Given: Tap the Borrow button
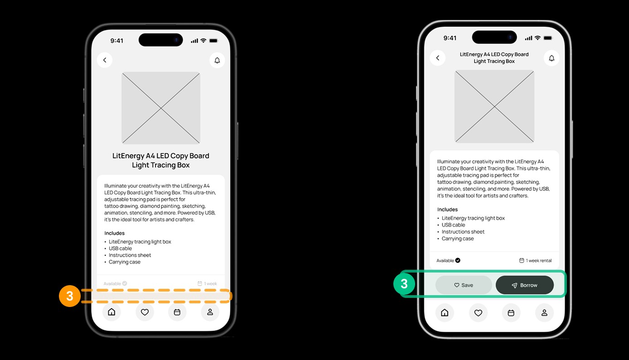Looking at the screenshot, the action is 524,285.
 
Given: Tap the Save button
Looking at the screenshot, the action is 464,285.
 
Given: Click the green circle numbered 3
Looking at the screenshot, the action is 404,284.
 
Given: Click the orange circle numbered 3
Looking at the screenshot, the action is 70,296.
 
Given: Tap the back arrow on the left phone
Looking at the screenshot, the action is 105,60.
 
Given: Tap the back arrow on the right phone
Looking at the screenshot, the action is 438,58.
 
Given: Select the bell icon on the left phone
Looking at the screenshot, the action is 217,60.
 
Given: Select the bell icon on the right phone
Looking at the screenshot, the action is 552,58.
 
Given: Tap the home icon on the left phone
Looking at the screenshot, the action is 111,312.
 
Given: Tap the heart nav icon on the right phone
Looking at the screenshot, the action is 478,312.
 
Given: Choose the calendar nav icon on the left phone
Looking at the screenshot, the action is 177,312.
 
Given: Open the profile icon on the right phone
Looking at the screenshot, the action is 544,312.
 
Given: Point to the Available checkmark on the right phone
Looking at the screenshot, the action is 458,260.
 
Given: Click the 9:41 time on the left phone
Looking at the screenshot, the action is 117,41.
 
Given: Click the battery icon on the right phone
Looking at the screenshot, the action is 548,38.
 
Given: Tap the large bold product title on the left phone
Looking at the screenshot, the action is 160,160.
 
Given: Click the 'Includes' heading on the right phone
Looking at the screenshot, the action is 447,209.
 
